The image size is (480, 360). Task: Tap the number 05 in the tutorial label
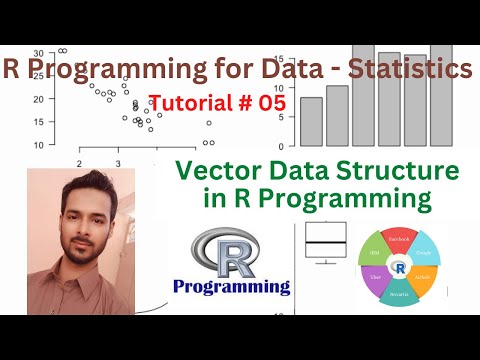tap(270, 102)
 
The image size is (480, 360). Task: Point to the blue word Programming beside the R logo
tap(231, 287)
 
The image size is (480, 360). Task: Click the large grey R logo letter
tap(228, 250)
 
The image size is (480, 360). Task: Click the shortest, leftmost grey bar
tap(312, 121)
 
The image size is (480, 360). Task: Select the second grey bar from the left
tap(337, 115)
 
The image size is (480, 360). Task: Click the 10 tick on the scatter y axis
tap(37, 144)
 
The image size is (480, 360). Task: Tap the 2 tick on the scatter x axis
tap(78, 162)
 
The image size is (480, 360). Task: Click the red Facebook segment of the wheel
tap(397, 245)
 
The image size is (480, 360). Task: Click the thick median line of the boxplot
tap(326, 243)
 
